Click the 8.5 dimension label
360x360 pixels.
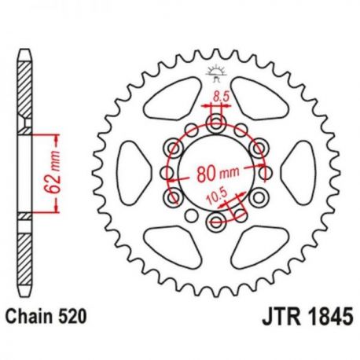click(x=221, y=96)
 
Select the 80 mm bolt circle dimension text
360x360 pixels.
click(x=218, y=174)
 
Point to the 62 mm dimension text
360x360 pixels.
click(x=54, y=171)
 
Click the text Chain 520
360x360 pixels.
click(x=46, y=317)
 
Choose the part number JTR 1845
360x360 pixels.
click(x=307, y=317)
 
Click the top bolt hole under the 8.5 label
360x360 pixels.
click(x=216, y=123)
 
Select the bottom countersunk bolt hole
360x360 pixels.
click(x=216, y=222)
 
